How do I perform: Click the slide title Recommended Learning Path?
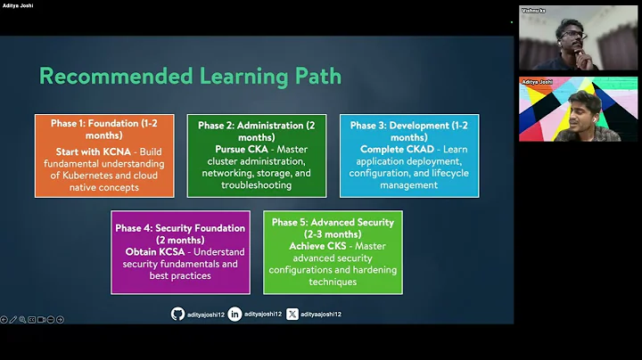[x=190, y=76]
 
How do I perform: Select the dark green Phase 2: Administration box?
[x=256, y=155]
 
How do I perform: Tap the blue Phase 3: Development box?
[x=408, y=155]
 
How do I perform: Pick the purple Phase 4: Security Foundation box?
[x=180, y=252]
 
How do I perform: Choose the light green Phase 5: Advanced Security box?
[x=333, y=252]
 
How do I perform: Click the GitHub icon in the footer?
[x=177, y=314]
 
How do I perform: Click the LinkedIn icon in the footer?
[x=235, y=314]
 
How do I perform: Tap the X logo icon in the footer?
[x=292, y=314]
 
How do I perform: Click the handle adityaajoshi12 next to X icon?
[x=321, y=314]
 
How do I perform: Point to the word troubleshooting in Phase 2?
[x=256, y=185]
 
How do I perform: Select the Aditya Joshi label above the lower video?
[x=539, y=80]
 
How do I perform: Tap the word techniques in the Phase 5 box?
[x=333, y=282]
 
